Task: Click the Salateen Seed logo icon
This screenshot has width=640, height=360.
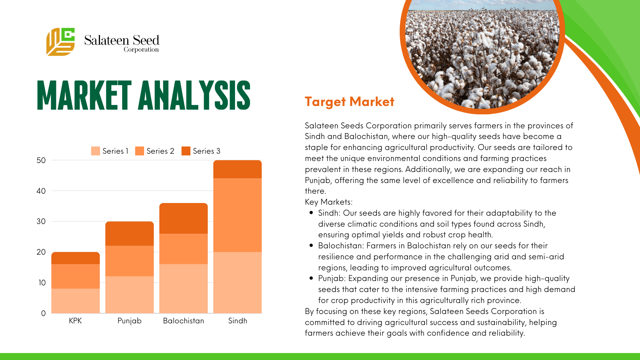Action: pyautogui.click(x=60, y=42)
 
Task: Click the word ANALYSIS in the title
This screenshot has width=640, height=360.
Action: pyautogui.click(x=194, y=95)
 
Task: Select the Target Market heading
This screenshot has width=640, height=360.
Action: pyautogui.click(x=349, y=102)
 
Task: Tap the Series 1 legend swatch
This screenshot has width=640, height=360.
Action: pyautogui.click(x=95, y=151)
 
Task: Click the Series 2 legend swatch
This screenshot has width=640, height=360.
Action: pyautogui.click(x=140, y=151)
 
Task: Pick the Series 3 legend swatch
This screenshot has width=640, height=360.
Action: pyautogui.click(x=186, y=151)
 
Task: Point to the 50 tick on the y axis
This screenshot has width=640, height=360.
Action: pyautogui.click(x=41, y=160)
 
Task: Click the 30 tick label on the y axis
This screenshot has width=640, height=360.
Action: pyautogui.click(x=41, y=221)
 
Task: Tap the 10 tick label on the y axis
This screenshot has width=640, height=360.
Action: pyautogui.click(x=42, y=283)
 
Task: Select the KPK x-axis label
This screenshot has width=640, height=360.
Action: pyautogui.click(x=75, y=321)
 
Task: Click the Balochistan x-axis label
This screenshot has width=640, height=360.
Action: pyautogui.click(x=183, y=321)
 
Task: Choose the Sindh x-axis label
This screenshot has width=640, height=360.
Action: pyautogui.click(x=238, y=321)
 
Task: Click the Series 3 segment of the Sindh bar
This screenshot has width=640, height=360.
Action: pyautogui.click(x=237, y=169)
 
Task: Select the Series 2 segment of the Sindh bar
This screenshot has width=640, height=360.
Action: pyautogui.click(x=237, y=215)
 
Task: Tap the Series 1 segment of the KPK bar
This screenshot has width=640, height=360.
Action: pyautogui.click(x=76, y=301)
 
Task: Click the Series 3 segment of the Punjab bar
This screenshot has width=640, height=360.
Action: pyautogui.click(x=130, y=234)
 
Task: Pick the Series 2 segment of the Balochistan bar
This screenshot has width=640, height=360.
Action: pyautogui.click(x=184, y=249)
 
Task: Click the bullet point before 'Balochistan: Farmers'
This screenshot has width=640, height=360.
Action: pyautogui.click(x=311, y=245)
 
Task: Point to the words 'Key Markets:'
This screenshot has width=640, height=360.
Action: pyautogui.click(x=329, y=202)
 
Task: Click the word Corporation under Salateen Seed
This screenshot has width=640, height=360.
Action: pyautogui.click(x=141, y=50)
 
